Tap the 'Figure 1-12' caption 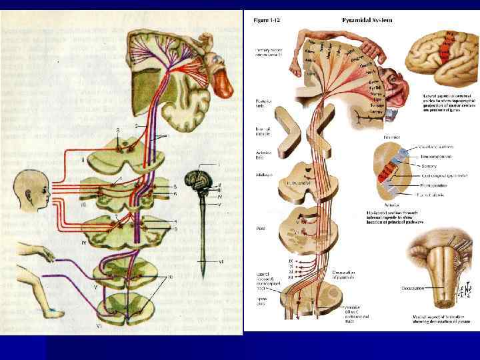pos(267,20)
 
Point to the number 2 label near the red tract pos(136,125)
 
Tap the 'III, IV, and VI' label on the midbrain pos(297,183)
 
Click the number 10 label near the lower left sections pos(170,276)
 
